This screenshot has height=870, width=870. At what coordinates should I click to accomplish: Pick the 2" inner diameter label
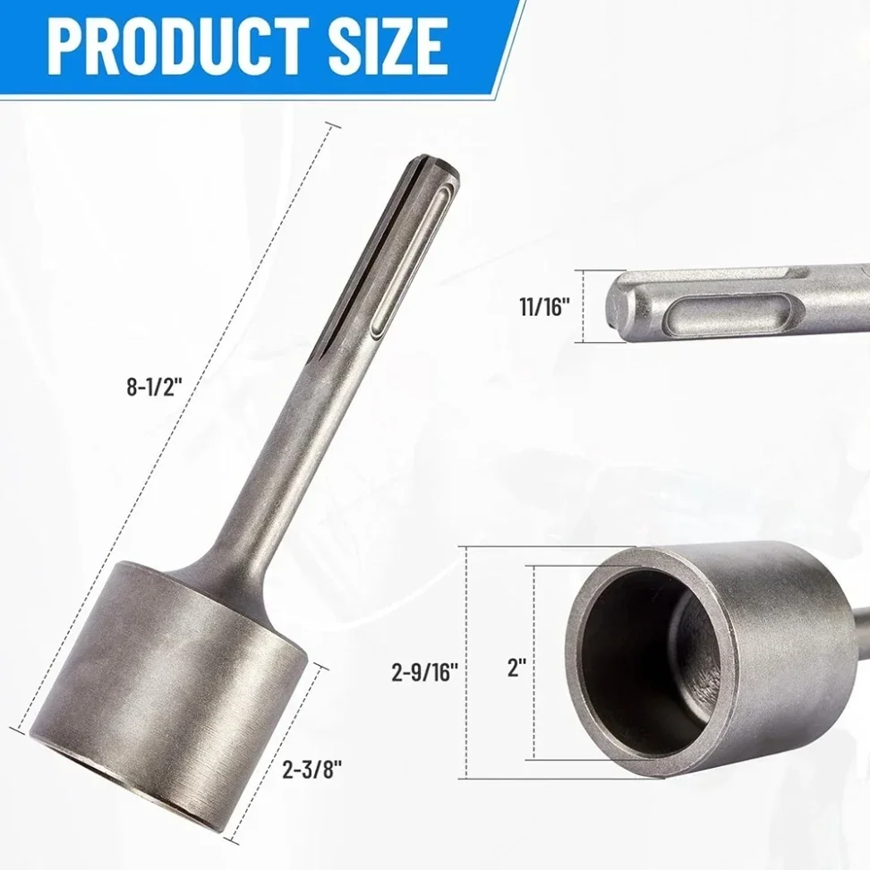[x=516, y=668]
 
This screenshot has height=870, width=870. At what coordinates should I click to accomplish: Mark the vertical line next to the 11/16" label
[x=584, y=306]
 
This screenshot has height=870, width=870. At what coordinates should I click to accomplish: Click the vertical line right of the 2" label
[x=535, y=662]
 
